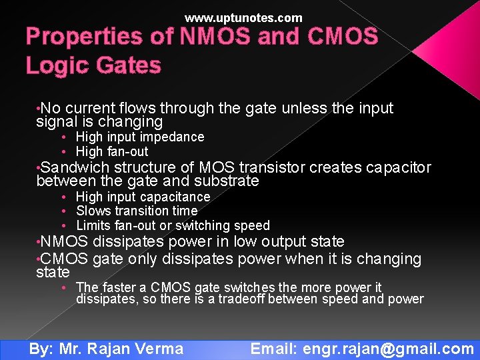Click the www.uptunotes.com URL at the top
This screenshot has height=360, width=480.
point(243,18)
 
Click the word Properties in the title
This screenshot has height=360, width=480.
point(98,37)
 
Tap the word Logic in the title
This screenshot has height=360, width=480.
point(53,65)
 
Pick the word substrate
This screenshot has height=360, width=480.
point(226,181)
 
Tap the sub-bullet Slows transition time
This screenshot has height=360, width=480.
point(137,211)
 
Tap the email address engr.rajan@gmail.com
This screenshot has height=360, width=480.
point(388,348)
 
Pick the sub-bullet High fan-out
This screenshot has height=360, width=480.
point(112,151)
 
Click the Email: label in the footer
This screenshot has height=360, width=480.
point(274,348)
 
